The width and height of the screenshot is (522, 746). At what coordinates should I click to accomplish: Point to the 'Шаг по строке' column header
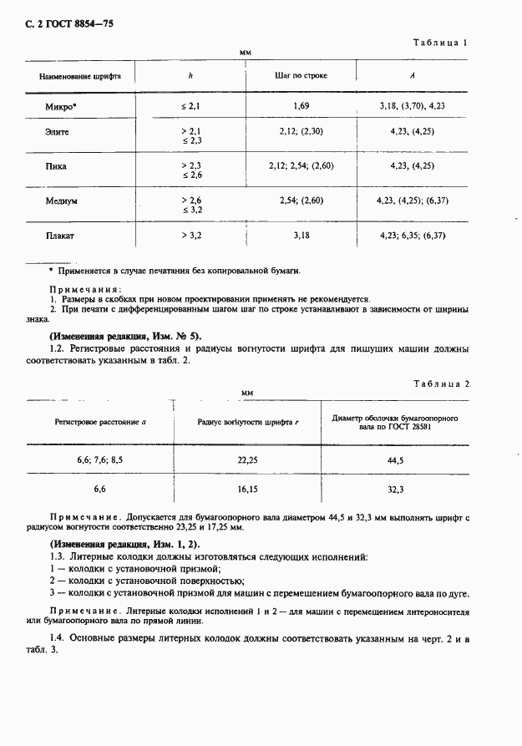pyautogui.click(x=301, y=75)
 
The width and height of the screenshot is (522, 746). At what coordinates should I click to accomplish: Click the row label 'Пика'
pyautogui.click(x=56, y=165)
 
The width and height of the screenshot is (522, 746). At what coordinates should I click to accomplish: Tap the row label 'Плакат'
pyautogui.click(x=60, y=236)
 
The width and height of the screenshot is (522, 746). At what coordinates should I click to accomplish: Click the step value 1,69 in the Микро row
pyautogui.click(x=302, y=106)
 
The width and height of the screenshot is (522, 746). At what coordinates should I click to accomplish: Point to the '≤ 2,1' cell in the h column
pyautogui.click(x=191, y=106)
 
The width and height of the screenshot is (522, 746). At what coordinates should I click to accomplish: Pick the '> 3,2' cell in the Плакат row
pyautogui.click(x=191, y=236)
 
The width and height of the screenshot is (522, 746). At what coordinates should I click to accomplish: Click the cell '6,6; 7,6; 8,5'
pyautogui.click(x=100, y=460)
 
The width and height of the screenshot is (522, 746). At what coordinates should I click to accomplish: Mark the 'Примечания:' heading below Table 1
pyautogui.click(x=79, y=287)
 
